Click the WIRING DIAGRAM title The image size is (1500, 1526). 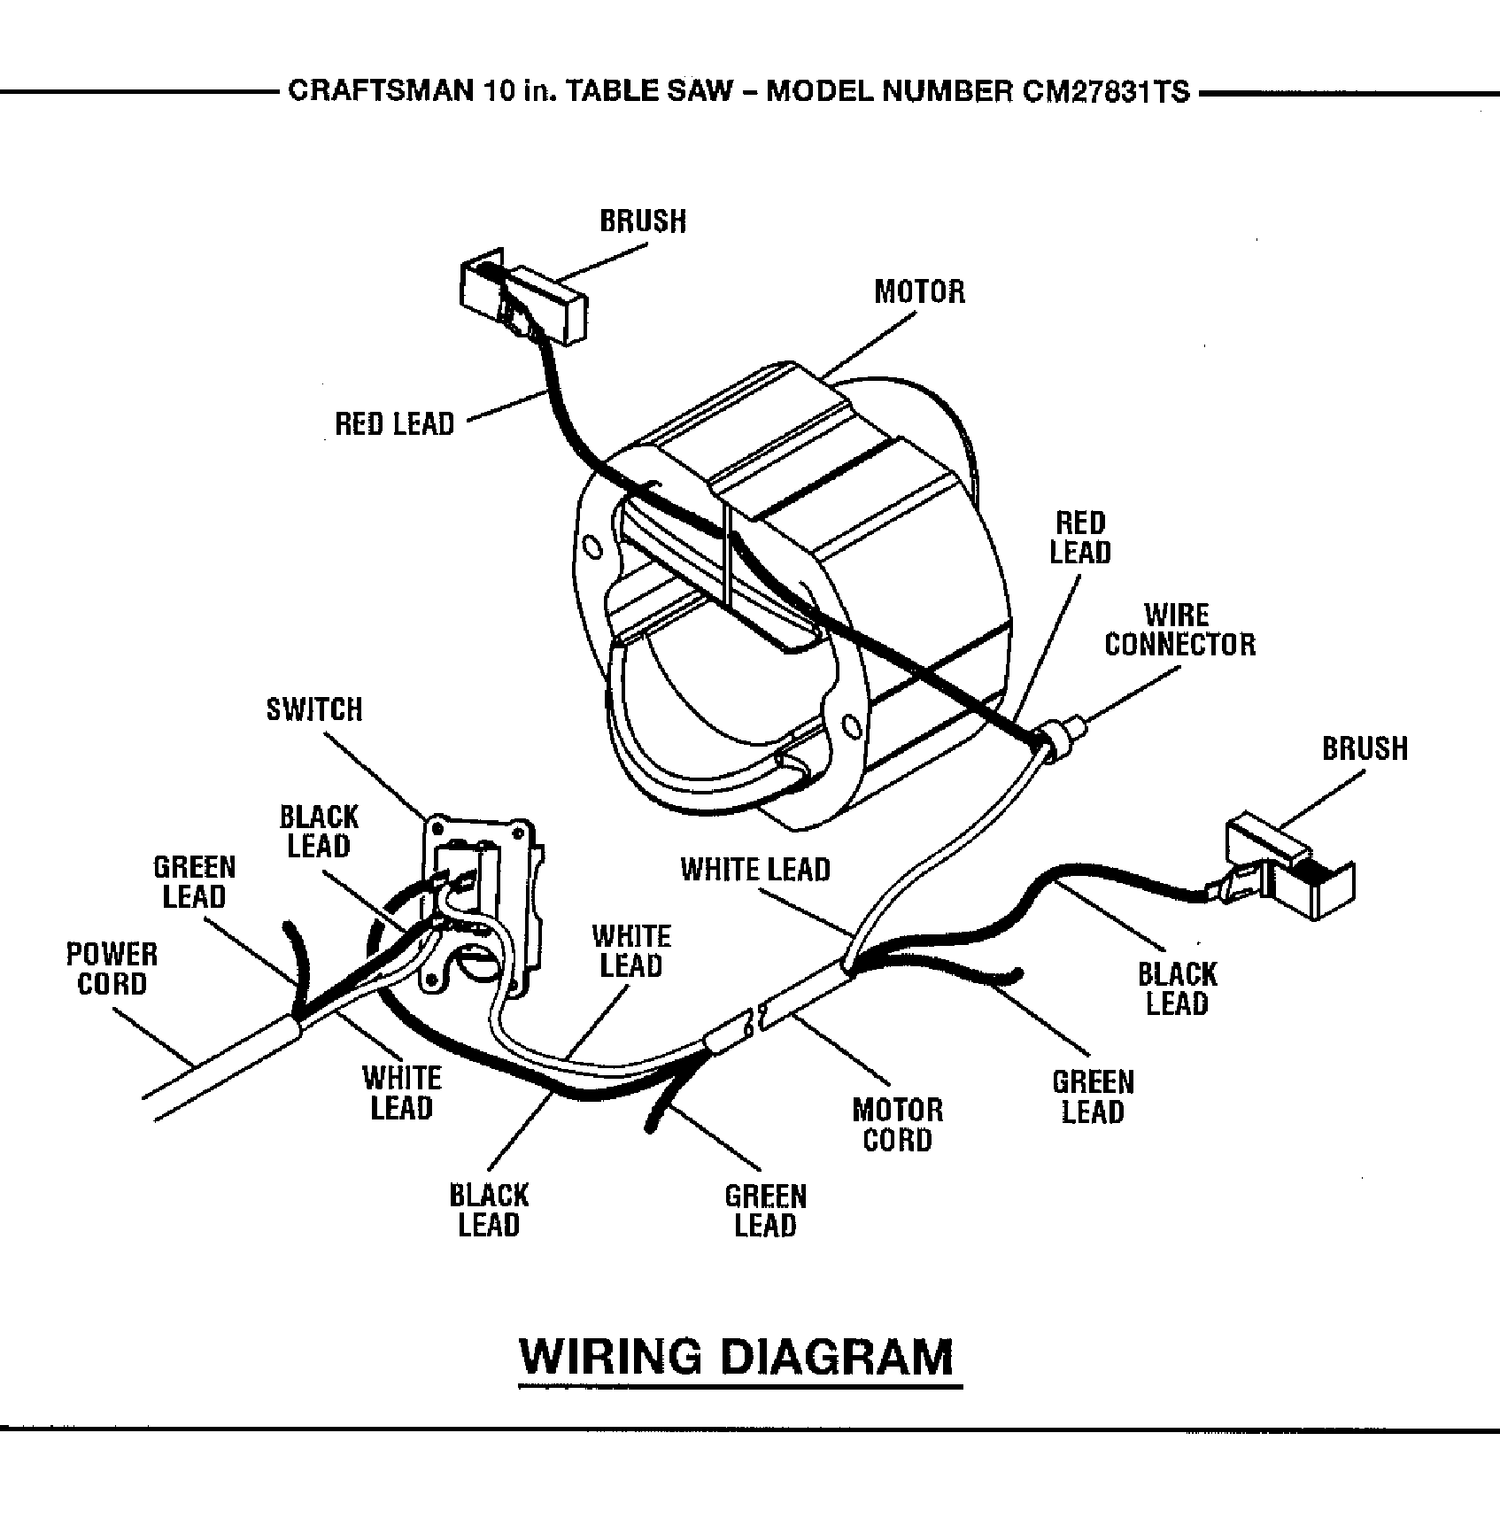738,1356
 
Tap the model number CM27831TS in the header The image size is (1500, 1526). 1105,91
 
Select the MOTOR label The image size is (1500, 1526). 919,291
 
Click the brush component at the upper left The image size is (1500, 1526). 523,300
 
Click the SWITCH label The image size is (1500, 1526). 314,709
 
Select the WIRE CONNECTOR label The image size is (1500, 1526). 1179,630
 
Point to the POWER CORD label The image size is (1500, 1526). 112,969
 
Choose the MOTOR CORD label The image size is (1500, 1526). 897,1124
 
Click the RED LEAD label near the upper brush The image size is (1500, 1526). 394,424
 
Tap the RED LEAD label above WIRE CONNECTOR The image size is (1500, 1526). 1079,538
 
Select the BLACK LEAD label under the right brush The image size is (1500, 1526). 1177,989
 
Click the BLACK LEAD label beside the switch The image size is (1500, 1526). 319,831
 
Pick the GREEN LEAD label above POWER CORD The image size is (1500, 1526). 194,881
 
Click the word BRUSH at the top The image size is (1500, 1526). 643,221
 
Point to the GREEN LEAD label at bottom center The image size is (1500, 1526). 765,1211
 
